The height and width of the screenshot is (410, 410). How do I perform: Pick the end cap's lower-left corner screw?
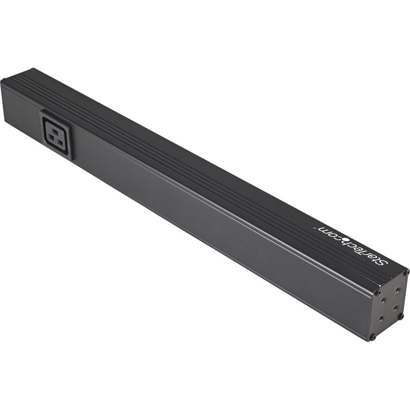click(373, 338)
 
